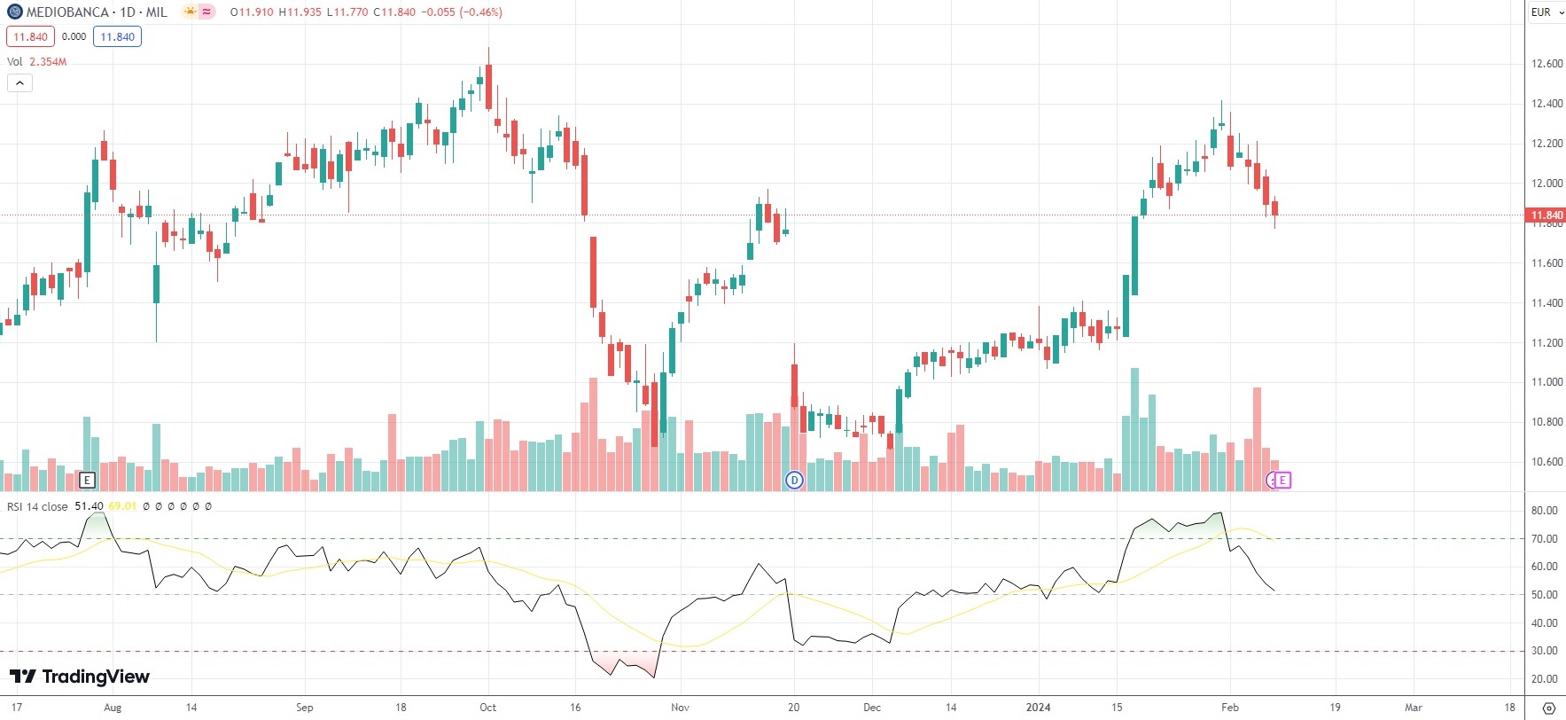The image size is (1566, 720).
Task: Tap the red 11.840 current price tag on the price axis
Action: [1547, 215]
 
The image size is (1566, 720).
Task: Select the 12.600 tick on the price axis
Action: [1547, 64]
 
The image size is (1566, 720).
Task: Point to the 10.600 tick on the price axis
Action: [1547, 462]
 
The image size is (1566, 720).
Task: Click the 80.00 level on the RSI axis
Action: [1544, 511]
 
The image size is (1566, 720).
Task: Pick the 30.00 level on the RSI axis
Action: [1544, 651]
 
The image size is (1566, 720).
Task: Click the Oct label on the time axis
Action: [487, 708]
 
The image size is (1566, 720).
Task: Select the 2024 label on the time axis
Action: [1038, 708]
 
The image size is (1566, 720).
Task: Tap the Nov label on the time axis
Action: [680, 708]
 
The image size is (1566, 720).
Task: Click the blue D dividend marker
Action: [794, 481]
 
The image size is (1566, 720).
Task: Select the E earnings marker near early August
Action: [87, 481]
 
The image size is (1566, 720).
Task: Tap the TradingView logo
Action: [80, 677]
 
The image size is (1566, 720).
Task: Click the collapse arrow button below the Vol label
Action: [19, 83]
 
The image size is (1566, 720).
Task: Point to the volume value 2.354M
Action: [48, 62]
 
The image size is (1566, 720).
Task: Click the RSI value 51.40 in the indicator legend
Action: [89, 507]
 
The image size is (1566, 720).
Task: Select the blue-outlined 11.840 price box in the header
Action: [117, 37]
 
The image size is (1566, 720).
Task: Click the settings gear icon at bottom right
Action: [1548, 708]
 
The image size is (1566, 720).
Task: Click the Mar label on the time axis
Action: [1413, 708]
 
